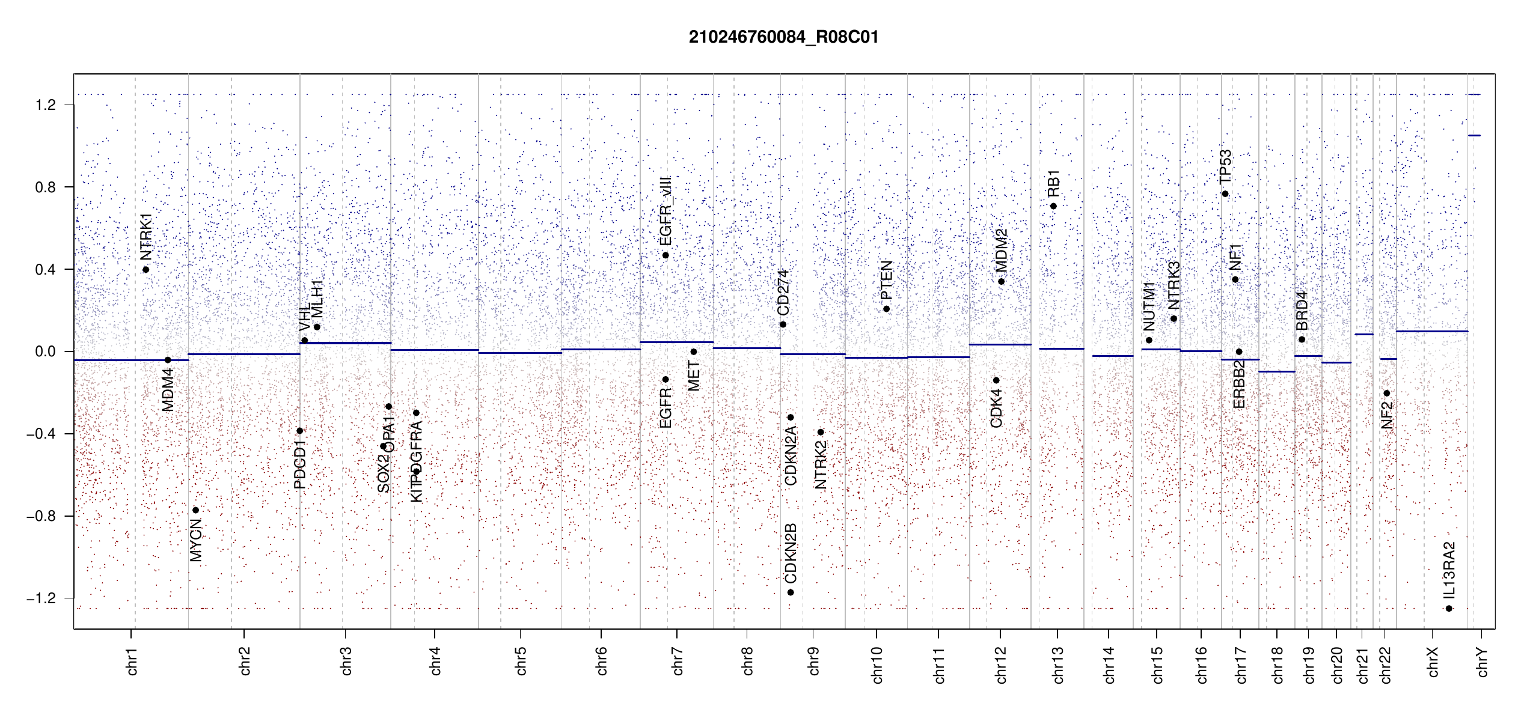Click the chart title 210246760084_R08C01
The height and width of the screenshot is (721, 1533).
(x=783, y=37)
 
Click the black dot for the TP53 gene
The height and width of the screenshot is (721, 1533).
(x=1225, y=194)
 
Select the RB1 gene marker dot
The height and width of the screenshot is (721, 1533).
(x=1053, y=206)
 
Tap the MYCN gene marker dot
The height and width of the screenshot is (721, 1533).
(x=195, y=510)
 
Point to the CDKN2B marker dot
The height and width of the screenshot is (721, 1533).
(x=791, y=592)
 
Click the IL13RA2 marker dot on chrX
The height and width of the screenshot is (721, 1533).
(x=1449, y=609)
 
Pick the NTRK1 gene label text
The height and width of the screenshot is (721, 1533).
(x=146, y=236)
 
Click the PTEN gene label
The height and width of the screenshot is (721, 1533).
(x=886, y=280)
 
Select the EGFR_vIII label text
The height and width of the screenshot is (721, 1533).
(x=666, y=210)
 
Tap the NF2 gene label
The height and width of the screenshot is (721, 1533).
(x=1386, y=415)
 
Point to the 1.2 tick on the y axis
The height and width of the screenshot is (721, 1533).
(x=45, y=105)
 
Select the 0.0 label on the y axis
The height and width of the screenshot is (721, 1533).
(x=45, y=351)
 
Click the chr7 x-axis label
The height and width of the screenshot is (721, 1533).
(x=678, y=661)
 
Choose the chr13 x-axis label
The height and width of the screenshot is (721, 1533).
(x=1057, y=665)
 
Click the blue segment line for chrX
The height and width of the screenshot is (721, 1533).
(x=1431, y=331)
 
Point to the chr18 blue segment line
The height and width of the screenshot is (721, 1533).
(x=1276, y=371)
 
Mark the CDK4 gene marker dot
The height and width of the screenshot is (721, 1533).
(x=996, y=380)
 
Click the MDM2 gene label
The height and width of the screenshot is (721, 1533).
(x=1001, y=250)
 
